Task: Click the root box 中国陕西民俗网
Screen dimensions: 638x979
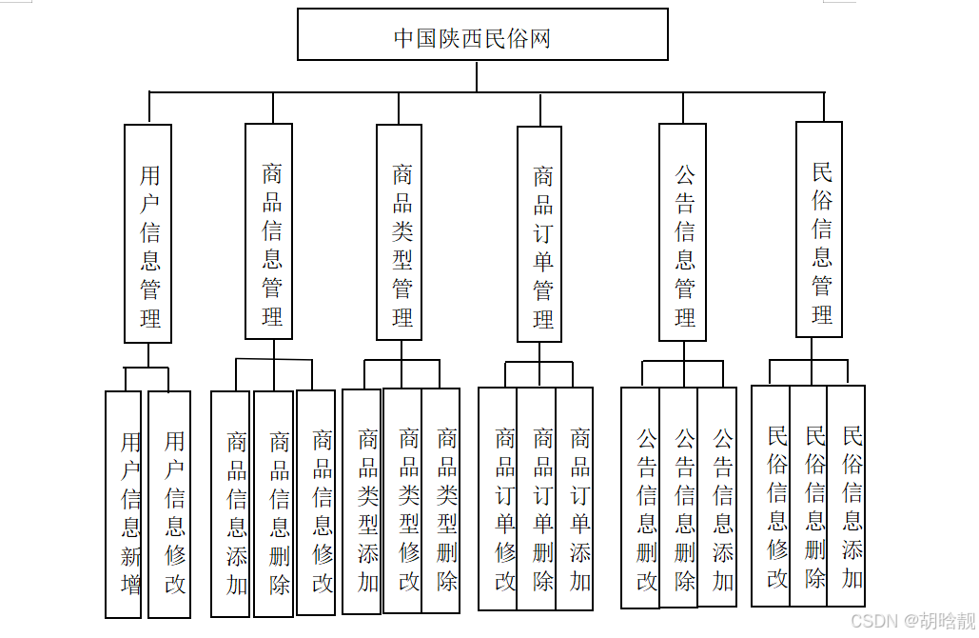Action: pos(482,35)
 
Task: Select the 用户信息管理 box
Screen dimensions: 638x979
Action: pos(148,233)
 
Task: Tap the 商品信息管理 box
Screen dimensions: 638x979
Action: pos(268,231)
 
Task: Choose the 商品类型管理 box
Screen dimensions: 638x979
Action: pos(400,231)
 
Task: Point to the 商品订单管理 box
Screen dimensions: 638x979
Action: pos(539,233)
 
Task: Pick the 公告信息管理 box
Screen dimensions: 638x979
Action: pos(683,231)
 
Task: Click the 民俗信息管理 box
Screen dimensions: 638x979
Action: pos(819,229)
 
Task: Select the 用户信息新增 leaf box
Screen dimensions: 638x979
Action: pos(124,504)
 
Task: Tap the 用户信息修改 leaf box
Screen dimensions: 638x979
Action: pos(170,504)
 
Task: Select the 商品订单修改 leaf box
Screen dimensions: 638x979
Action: pos(499,498)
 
